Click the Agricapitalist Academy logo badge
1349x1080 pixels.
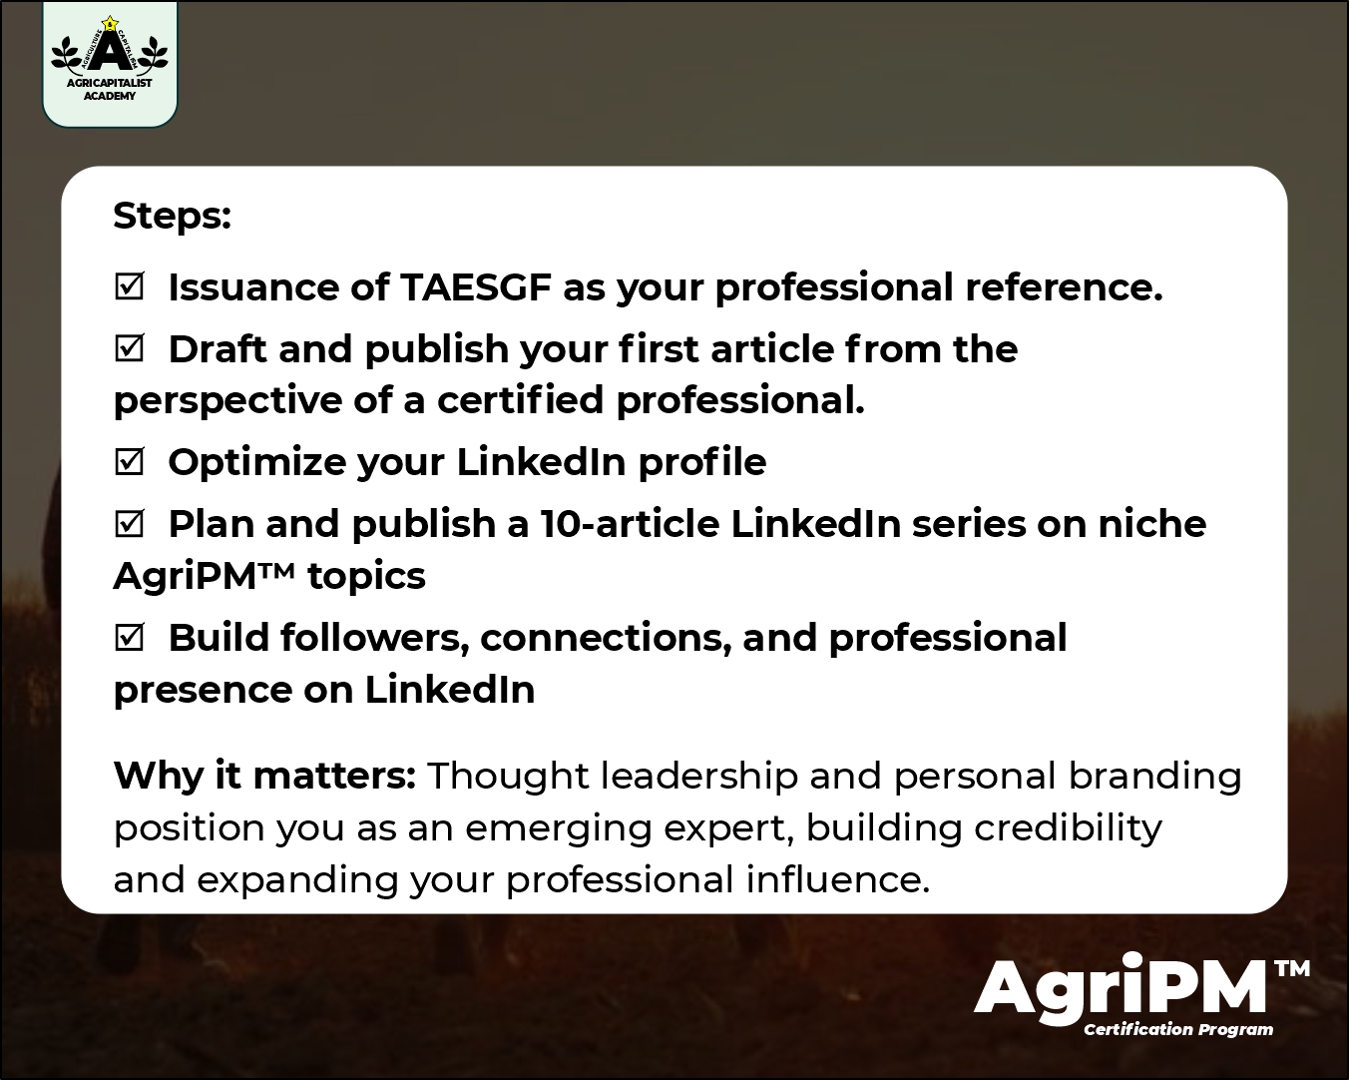(110, 63)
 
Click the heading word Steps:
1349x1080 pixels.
(172, 216)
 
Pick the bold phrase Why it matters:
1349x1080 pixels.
(264, 776)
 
